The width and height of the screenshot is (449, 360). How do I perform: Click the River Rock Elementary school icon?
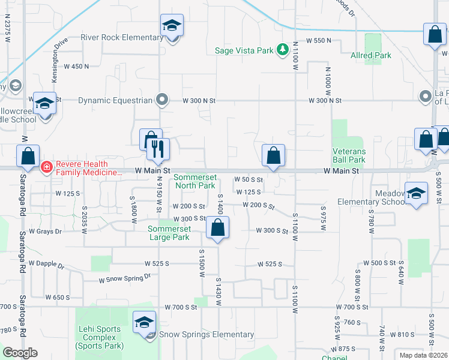point(172,26)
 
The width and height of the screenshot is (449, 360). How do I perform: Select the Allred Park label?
point(371,55)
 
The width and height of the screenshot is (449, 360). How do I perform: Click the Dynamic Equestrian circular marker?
point(161,100)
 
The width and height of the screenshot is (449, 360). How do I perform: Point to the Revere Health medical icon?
point(46,167)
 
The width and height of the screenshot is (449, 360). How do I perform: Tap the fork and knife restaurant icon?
point(158,149)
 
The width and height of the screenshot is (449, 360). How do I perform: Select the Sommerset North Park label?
point(194,181)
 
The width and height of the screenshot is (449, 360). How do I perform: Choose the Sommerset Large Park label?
point(170,233)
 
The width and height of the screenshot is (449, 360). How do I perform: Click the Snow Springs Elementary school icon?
point(144,323)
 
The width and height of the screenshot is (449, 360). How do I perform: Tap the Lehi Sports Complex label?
point(100,337)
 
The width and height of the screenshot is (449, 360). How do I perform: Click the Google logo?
point(20,353)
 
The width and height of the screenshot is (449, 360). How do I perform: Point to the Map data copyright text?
point(423,355)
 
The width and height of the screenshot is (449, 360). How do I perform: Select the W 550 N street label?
point(318,41)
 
